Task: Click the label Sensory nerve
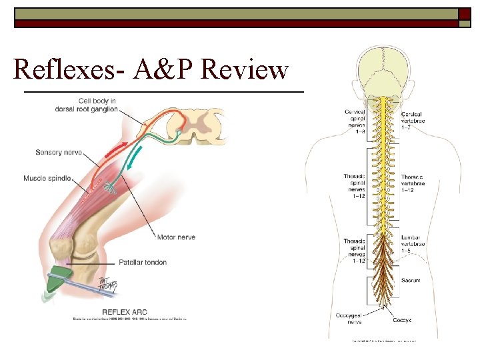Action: (59, 153)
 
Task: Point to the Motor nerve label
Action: (176, 237)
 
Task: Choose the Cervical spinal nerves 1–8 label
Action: (355, 121)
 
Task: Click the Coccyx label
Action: (411, 319)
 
